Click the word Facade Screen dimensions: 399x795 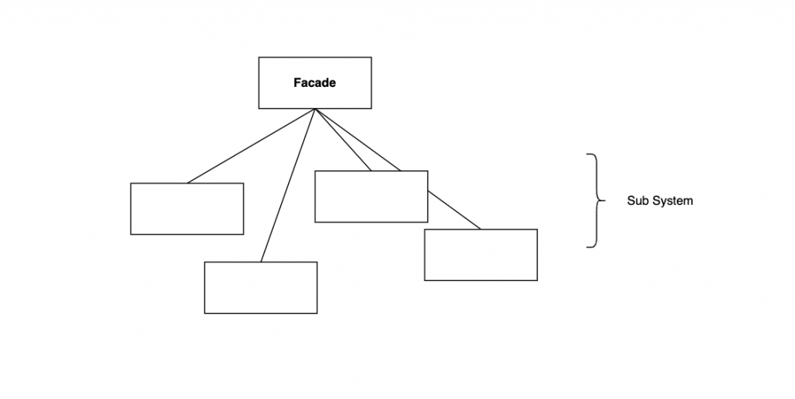point(314,83)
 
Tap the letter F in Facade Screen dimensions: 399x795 point(297,83)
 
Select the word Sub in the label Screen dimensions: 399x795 point(637,200)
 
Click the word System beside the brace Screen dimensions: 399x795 point(672,200)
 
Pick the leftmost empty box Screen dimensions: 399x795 point(186,208)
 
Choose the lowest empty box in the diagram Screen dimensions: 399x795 point(260,287)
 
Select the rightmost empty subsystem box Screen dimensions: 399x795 point(481,255)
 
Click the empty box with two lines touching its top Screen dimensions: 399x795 point(371,196)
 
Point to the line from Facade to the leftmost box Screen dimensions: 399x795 point(250,146)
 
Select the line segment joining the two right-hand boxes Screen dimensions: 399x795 point(453,210)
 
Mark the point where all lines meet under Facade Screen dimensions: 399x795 point(314,109)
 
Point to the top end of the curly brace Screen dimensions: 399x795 point(587,154)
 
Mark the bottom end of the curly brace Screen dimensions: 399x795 point(587,247)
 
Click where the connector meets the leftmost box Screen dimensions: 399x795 point(187,183)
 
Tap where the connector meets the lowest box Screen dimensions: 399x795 point(261,262)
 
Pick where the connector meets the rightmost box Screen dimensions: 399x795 point(481,229)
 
